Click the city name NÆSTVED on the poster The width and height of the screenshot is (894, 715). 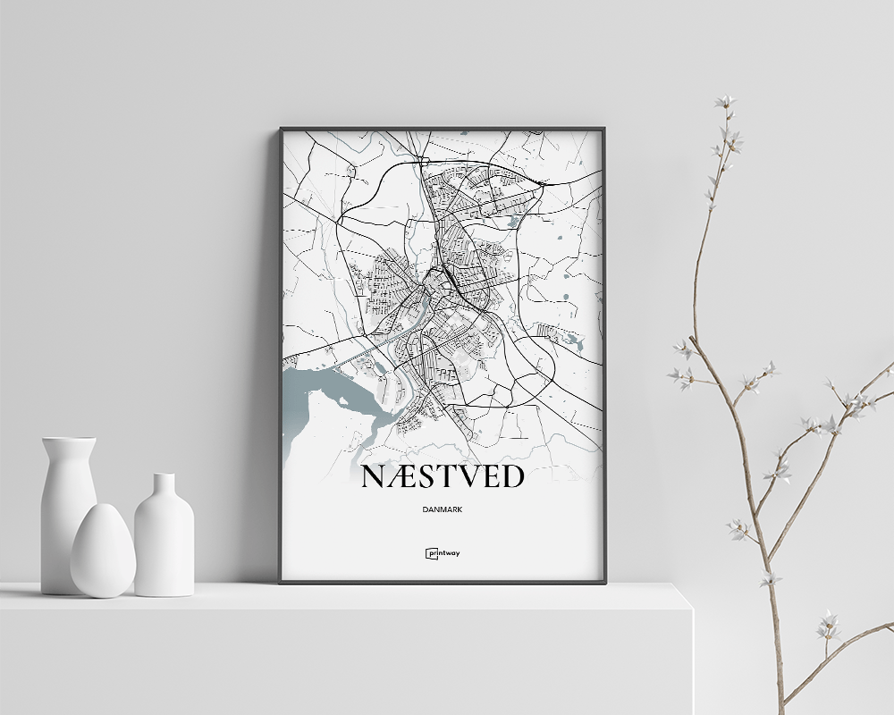[x=442, y=477]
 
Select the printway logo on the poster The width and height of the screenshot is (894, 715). [x=442, y=552]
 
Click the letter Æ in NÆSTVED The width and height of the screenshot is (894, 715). [x=401, y=477]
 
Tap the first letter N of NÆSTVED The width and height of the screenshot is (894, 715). [x=372, y=477]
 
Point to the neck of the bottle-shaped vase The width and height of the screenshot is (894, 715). [x=164, y=487]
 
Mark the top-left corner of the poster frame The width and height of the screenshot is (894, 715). [x=281, y=129]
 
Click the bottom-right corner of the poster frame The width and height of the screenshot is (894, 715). [x=604, y=583]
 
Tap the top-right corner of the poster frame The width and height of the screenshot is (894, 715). [x=604, y=129]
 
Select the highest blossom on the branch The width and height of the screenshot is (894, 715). [x=724, y=102]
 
